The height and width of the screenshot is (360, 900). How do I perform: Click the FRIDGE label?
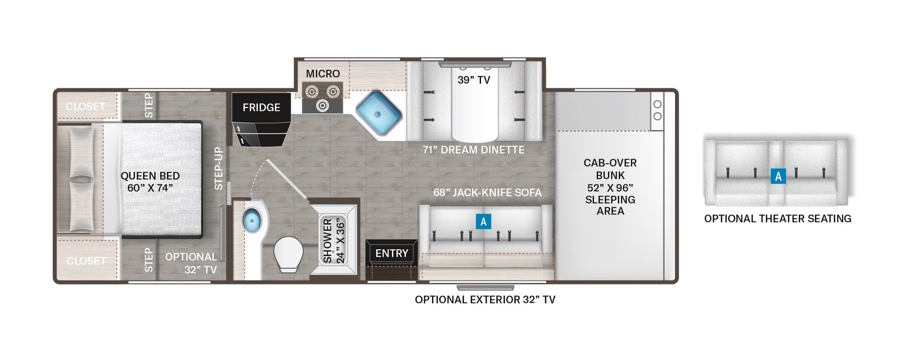pos(261,107)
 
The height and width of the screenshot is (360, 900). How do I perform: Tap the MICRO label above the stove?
pos(323,74)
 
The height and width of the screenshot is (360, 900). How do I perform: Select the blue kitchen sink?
pos(379,114)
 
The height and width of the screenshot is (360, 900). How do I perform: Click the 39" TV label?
pos(474,80)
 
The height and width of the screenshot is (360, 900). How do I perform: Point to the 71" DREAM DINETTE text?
pos(474,150)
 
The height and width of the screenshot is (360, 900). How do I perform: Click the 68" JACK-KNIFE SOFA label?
pos(487,192)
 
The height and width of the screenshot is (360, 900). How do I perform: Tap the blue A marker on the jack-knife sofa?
pos(483,221)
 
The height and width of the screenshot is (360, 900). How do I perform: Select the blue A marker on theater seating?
pos(778,176)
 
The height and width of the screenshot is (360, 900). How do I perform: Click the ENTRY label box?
pos(391,254)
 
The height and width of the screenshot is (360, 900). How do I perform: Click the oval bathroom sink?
pos(252,219)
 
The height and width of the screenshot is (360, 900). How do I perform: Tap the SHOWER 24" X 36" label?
pos(333,241)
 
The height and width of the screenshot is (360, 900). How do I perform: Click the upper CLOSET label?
pos(85,107)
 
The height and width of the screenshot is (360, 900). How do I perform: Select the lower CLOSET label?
pos(86,261)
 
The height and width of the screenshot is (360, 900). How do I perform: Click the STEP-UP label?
pos(218,169)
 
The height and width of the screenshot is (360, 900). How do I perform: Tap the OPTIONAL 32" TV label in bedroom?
pos(191,263)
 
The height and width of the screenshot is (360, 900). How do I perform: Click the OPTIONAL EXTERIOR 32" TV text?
pos(485,300)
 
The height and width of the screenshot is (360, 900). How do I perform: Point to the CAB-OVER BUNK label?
pos(610,187)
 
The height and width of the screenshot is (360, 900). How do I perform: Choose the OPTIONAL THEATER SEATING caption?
pos(778,219)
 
